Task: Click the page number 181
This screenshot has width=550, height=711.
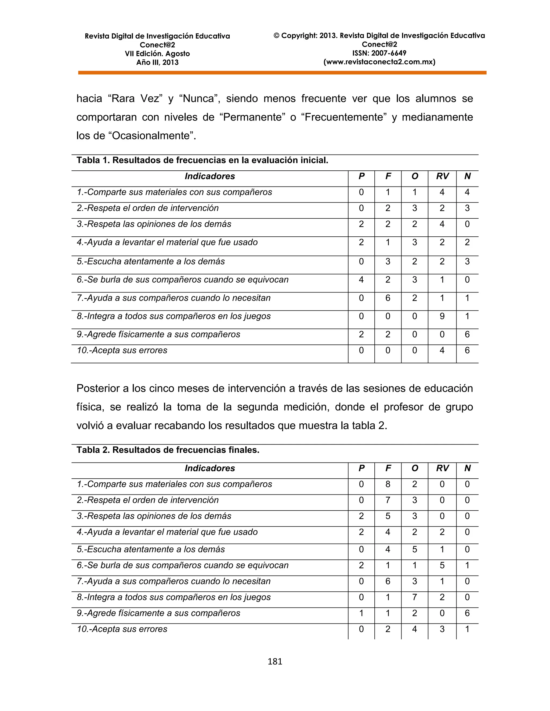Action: (275, 661)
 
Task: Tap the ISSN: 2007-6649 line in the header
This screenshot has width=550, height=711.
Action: (379, 53)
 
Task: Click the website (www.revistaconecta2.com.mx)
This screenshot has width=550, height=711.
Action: (379, 62)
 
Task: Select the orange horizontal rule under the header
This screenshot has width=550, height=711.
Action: (282, 73)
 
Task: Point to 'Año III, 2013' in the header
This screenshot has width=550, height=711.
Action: (157, 63)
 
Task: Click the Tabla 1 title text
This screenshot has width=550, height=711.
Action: (202, 160)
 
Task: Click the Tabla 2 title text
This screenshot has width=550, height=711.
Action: (168, 450)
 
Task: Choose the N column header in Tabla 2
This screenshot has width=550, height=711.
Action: (467, 468)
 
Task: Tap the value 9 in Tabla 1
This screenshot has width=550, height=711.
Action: (442, 316)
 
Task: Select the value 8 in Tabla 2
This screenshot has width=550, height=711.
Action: (388, 484)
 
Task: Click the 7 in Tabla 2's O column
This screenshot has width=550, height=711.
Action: (414, 597)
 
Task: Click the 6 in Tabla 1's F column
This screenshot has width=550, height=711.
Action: (388, 298)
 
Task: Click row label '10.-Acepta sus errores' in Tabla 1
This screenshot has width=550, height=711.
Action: (122, 350)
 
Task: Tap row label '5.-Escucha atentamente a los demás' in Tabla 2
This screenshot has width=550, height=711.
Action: (151, 549)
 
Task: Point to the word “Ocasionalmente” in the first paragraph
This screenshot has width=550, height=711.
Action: (151, 135)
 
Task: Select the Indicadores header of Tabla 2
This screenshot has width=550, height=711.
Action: (210, 468)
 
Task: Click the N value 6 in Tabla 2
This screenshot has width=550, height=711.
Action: (467, 613)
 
